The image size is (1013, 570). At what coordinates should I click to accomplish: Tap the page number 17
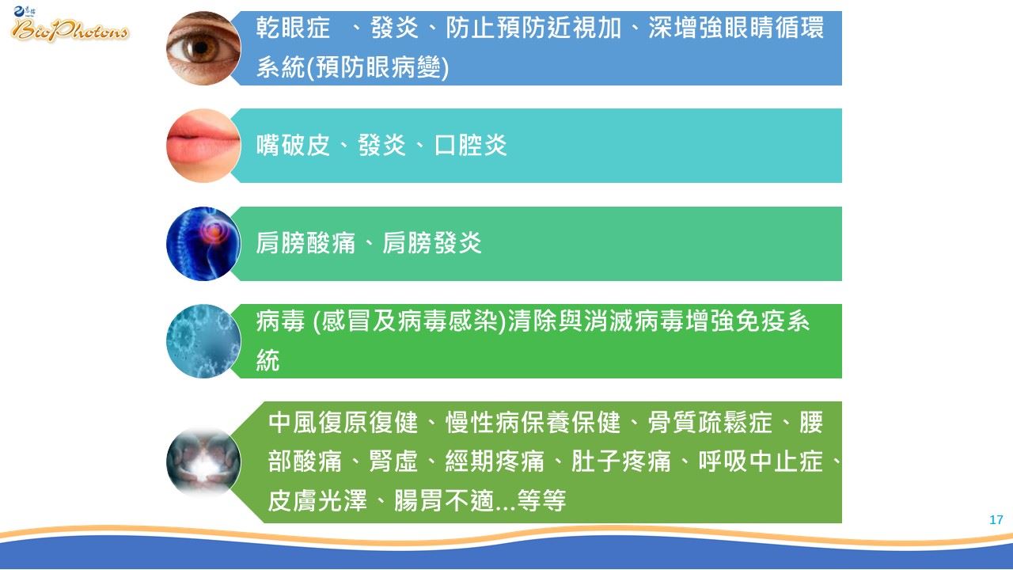(x=996, y=520)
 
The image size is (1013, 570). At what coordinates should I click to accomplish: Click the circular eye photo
(x=203, y=48)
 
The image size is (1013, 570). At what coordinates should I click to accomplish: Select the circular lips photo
(x=203, y=146)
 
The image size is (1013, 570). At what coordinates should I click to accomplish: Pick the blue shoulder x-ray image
(x=203, y=243)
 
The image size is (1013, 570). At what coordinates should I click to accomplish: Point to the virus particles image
(x=203, y=341)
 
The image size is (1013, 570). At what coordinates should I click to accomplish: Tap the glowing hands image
(x=203, y=462)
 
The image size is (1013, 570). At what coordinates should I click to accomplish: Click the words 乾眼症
(x=293, y=28)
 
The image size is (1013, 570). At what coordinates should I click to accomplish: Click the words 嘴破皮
(x=293, y=145)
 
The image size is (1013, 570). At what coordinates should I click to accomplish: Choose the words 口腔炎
(x=471, y=145)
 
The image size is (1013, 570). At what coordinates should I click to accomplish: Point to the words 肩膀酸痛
(x=305, y=243)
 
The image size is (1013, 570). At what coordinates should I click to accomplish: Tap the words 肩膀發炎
(x=432, y=243)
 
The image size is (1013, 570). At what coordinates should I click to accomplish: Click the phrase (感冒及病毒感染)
(x=409, y=321)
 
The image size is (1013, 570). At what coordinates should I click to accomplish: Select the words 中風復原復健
(x=343, y=422)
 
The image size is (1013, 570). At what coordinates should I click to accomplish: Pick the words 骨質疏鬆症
(x=710, y=422)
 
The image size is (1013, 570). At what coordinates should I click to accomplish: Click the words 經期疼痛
(x=495, y=462)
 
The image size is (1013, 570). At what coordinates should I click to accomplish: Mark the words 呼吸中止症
(x=761, y=462)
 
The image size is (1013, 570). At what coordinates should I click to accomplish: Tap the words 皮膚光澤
(x=317, y=500)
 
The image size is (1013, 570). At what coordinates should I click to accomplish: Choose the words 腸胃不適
(x=444, y=500)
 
